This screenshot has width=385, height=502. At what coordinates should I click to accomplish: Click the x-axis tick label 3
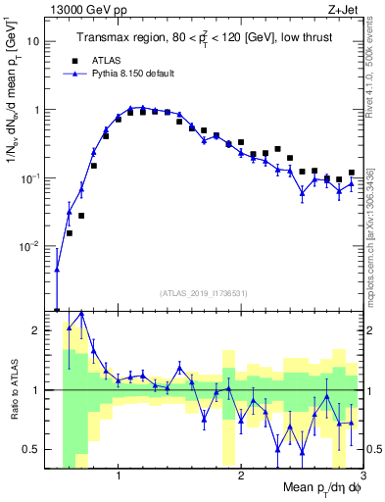361,477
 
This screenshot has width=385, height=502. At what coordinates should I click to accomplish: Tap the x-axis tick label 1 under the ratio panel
118,477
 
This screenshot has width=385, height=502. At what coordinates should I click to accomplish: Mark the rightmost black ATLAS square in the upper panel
351,174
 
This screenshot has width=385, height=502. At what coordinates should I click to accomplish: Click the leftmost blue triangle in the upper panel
57,269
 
